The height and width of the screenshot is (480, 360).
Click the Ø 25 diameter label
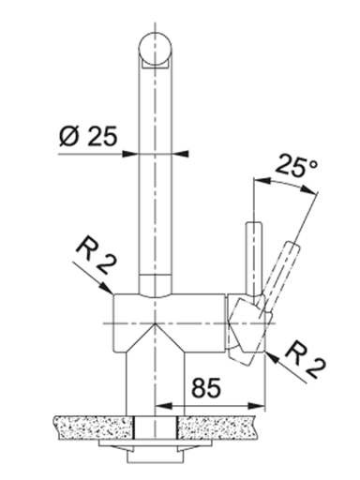coord(88,137)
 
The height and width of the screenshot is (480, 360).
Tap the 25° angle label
coord(295,165)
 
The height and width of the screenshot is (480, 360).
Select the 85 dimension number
coord(206,387)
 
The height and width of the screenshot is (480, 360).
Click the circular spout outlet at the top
coord(155,49)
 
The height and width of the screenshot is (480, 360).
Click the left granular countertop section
coord(94,427)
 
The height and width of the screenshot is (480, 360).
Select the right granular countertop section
coord(217,427)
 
